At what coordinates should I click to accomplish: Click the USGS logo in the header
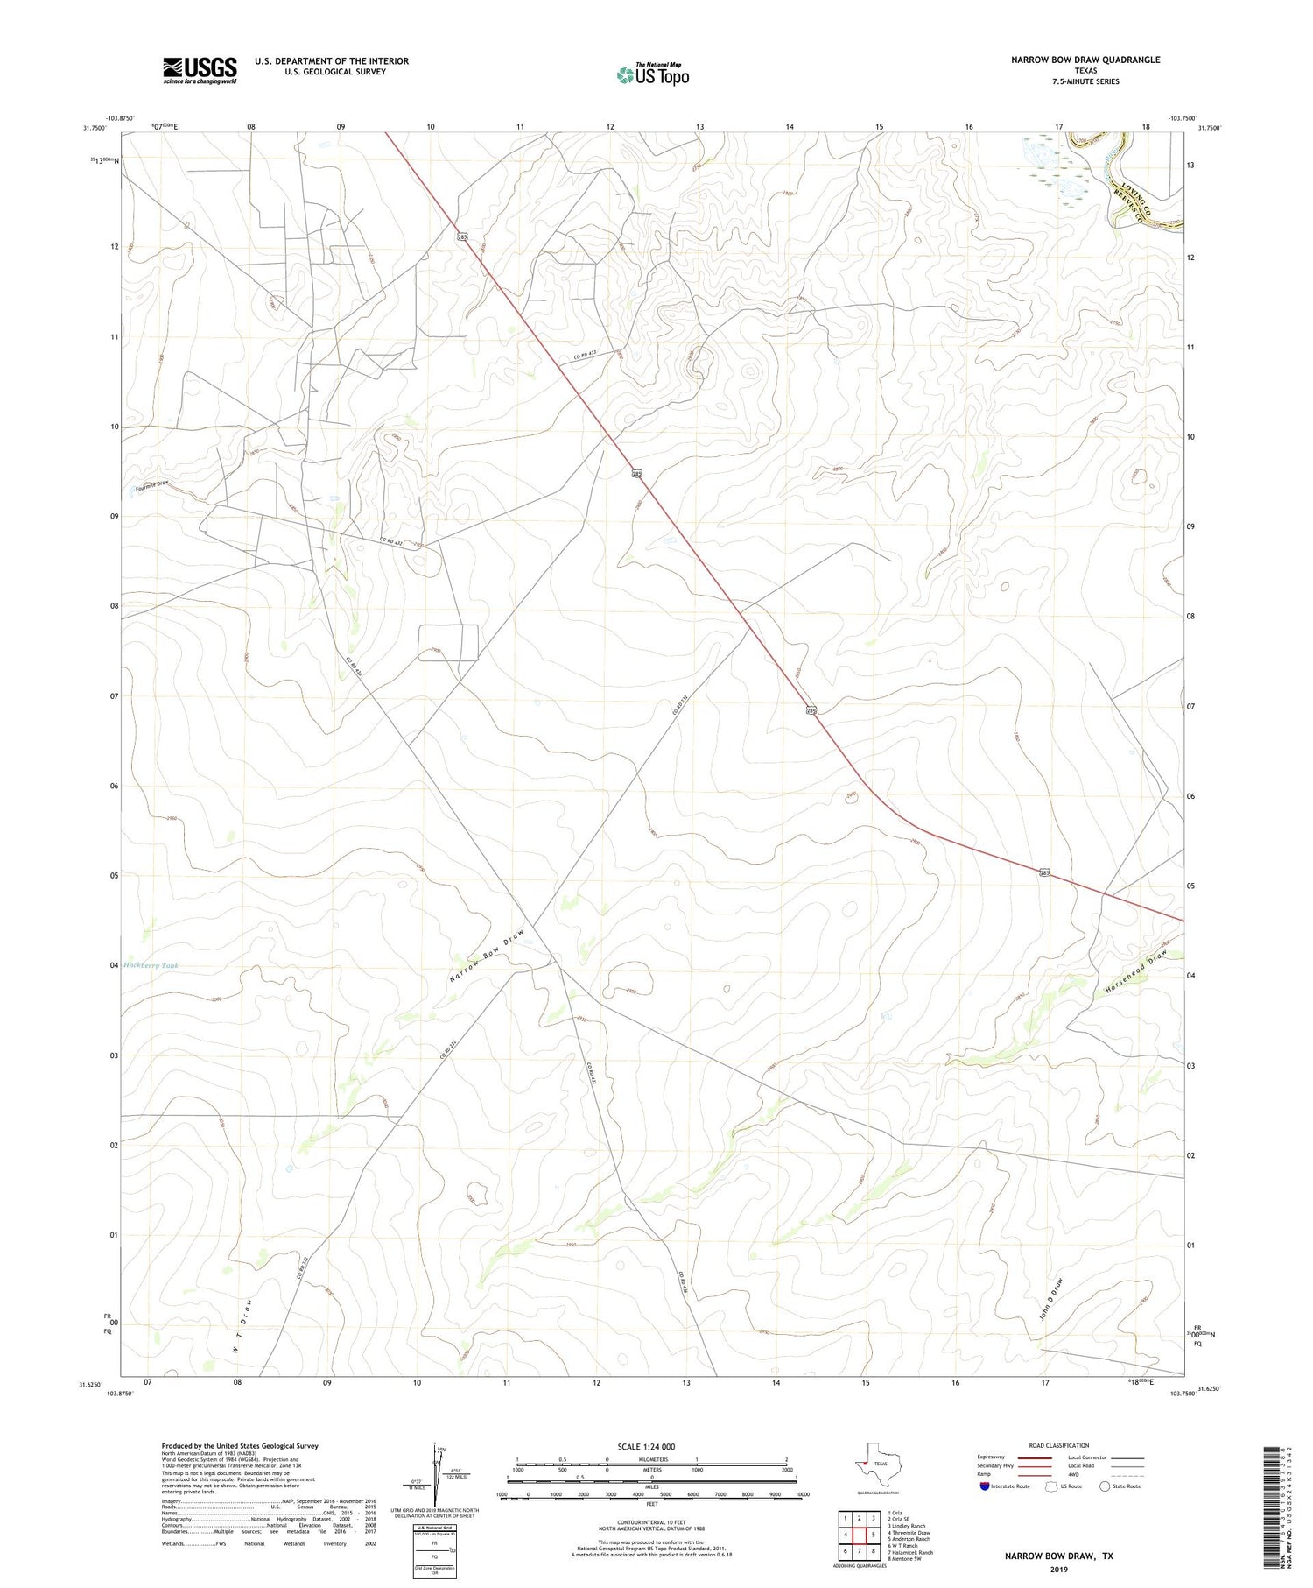[200, 70]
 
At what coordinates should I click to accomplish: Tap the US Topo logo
[652, 75]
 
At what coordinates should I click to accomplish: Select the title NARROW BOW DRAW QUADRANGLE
[1085, 60]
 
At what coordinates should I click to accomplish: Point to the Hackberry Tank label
[151, 965]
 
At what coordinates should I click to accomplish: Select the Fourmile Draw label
[151, 485]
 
